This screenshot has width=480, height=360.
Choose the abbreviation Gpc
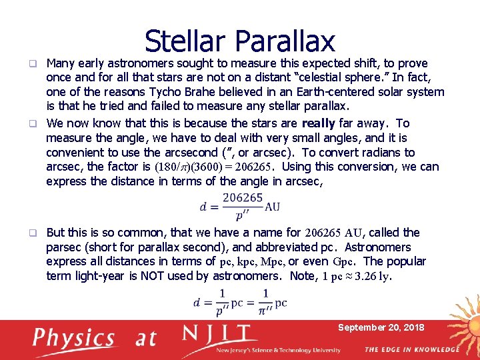coord(344,262)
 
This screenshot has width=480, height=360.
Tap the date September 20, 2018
coord(381,327)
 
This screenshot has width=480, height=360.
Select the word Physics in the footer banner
coord(75,339)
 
